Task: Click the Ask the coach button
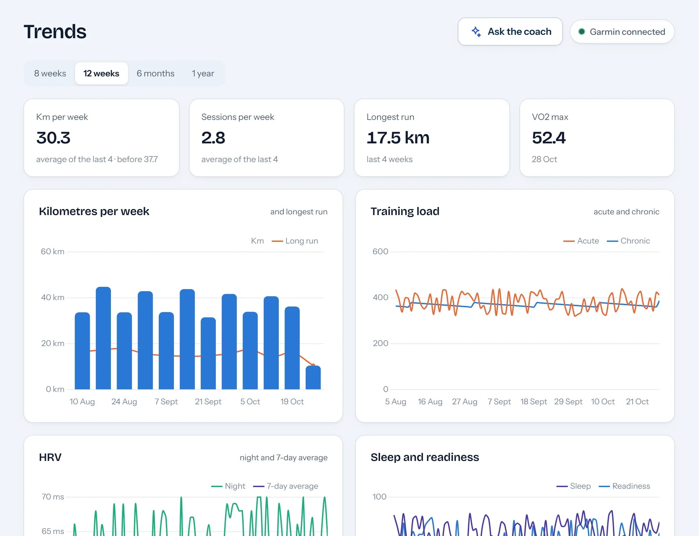tap(510, 31)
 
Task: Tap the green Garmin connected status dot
tap(582, 31)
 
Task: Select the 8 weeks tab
tap(50, 73)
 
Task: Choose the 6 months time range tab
tap(155, 73)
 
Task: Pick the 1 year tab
tap(203, 73)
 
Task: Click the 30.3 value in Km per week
tap(53, 138)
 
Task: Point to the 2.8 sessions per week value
tap(213, 138)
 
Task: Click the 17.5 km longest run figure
tap(398, 138)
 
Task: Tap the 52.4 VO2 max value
tap(549, 138)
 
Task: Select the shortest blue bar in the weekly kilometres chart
tap(313, 378)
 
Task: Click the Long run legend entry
tap(295, 241)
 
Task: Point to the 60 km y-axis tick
tap(53, 252)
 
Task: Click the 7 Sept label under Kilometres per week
tap(166, 402)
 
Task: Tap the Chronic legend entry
tap(628, 241)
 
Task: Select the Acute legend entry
tap(581, 241)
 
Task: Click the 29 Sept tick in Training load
tap(568, 402)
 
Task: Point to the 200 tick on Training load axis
tap(381, 343)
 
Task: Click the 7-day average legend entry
tap(285, 486)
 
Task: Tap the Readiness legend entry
tap(624, 486)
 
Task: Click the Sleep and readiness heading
tap(425, 457)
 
